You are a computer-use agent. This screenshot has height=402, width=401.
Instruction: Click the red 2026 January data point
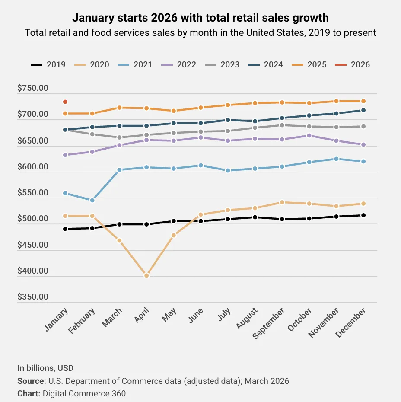pos(65,102)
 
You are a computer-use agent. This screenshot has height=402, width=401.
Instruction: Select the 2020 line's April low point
pos(146,275)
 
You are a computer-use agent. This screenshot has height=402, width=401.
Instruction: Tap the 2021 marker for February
pos(92,200)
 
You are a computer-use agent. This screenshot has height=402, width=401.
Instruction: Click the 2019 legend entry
pos(48,65)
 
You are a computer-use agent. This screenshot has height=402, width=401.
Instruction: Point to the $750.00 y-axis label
pos(32,88)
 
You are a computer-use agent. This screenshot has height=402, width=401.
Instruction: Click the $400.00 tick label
pos(32,271)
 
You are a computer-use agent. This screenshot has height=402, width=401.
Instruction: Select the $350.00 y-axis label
pos(32,297)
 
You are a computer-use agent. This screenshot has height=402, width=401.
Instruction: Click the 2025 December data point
pos(363,101)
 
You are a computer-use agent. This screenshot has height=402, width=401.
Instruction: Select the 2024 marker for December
pos(363,110)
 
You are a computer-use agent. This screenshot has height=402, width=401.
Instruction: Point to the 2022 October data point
pos(309,135)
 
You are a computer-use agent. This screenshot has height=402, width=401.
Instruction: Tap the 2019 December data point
pos(363,215)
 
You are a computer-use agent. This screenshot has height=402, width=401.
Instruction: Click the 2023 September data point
pos(282,125)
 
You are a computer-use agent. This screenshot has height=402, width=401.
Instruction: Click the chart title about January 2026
pos(200,18)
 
